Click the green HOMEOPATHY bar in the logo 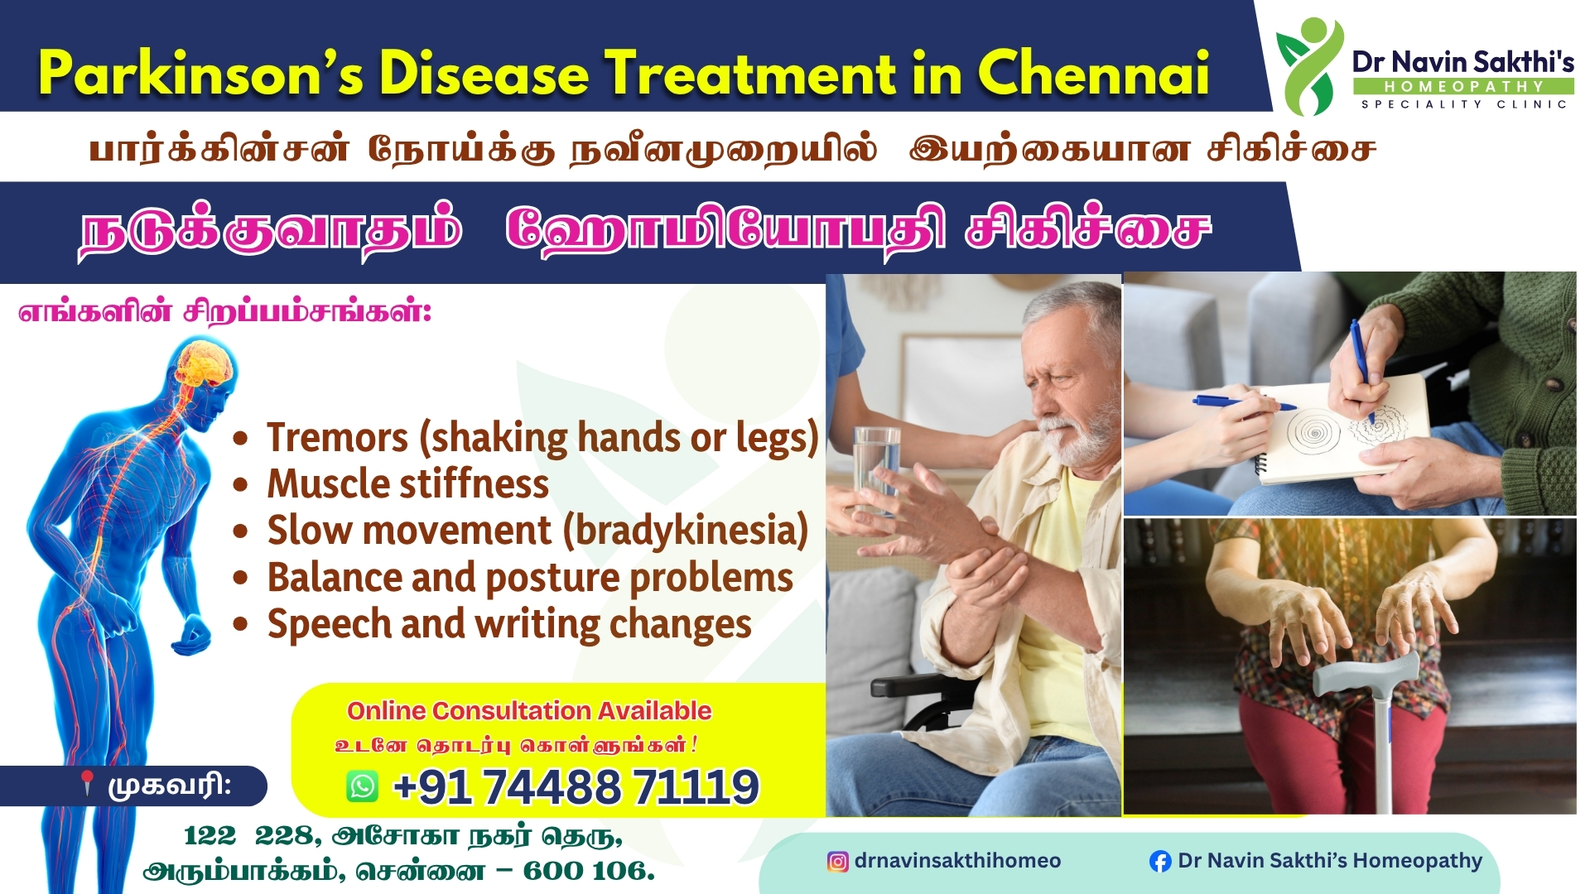(x=1463, y=86)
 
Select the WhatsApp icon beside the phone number (x=363, y=786)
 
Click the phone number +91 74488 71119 (x=576, y=786)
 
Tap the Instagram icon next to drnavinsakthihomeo (x=837, y=862)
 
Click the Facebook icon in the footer (x=1160, y=862)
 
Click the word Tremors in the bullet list (x=337, y=437)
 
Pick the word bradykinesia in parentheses (x=686, y=531)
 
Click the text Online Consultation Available (x=528, y=710)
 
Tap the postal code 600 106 (x=587, y=871)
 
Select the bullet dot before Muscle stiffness (x=240, y=485)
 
